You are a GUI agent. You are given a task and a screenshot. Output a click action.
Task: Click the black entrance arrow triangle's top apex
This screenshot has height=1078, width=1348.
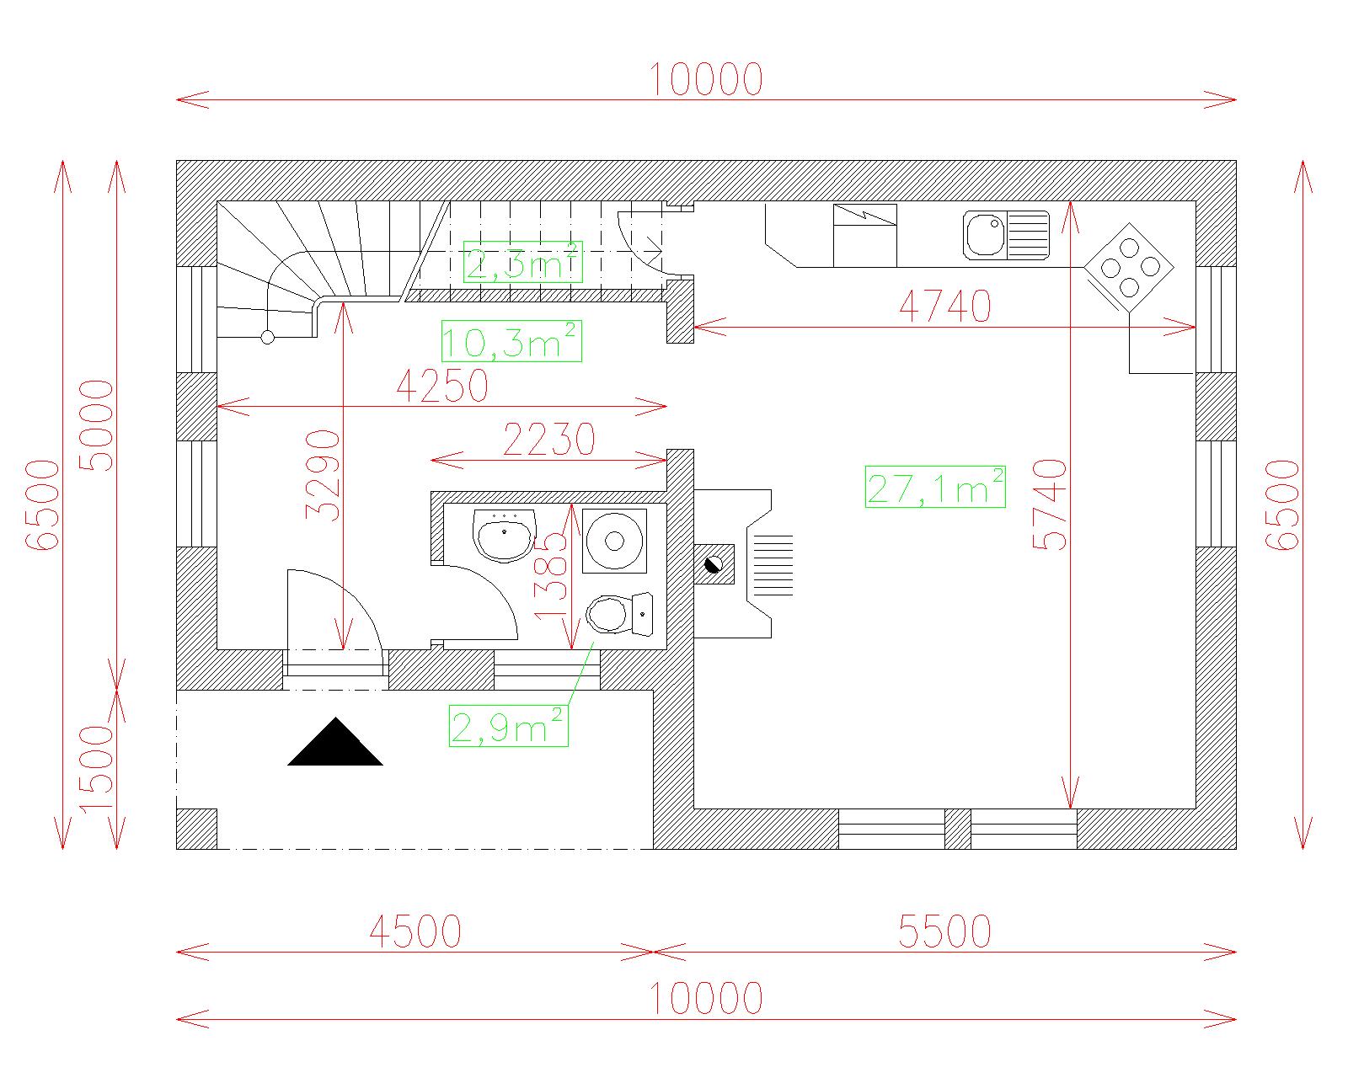pos(336,718)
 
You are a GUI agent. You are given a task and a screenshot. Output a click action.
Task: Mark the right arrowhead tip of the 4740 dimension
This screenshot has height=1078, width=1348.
pos(1196,327)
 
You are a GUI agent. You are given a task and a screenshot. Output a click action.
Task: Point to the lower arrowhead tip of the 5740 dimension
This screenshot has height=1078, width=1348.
pos(1071,808)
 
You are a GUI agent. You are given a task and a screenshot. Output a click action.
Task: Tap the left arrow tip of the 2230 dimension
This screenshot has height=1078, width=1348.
pos(431,461)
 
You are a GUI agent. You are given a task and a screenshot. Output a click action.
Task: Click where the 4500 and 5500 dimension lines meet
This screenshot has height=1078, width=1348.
pos(653,953)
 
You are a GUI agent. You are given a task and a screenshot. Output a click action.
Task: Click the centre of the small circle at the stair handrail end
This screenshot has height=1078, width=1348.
pos(267,338)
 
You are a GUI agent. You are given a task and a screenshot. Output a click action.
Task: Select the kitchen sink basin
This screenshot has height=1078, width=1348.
pos(986,235)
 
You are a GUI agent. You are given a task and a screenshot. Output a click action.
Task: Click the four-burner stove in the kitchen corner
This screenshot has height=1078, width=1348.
pos(1130,268)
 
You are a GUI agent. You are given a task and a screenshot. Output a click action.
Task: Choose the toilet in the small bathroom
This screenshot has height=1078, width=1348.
pos(619,614)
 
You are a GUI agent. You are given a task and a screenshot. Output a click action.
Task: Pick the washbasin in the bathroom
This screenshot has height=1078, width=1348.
pos(505,535)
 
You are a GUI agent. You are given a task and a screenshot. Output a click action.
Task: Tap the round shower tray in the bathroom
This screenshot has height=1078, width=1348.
pos(614,542)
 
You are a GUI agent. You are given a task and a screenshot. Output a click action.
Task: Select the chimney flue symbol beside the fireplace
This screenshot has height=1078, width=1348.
pos(714,564)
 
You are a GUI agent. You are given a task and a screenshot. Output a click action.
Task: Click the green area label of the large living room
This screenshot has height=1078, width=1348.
pos(935,487)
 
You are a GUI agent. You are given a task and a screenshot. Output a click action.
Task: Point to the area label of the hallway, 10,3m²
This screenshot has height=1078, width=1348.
pos(511,341)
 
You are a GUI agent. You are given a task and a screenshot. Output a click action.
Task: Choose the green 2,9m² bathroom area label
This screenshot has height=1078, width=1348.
pos(509,726)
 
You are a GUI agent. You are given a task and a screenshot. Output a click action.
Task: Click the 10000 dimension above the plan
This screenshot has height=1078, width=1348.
pos(706,79)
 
